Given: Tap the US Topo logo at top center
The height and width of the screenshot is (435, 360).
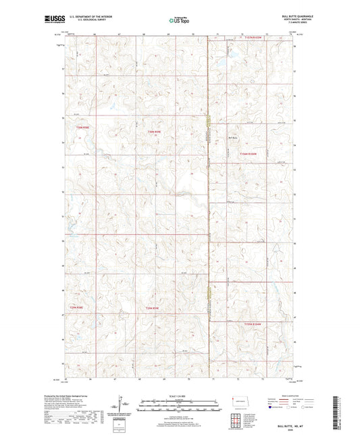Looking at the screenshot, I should coord(178,21).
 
